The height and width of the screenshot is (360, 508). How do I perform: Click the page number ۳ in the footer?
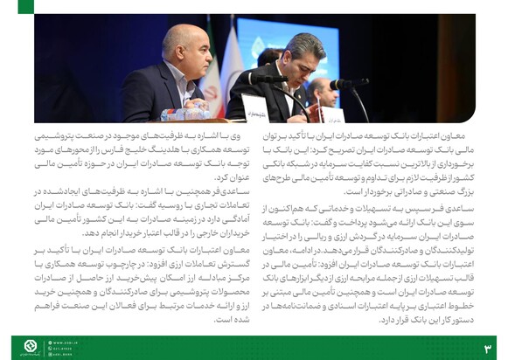[487, 348]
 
